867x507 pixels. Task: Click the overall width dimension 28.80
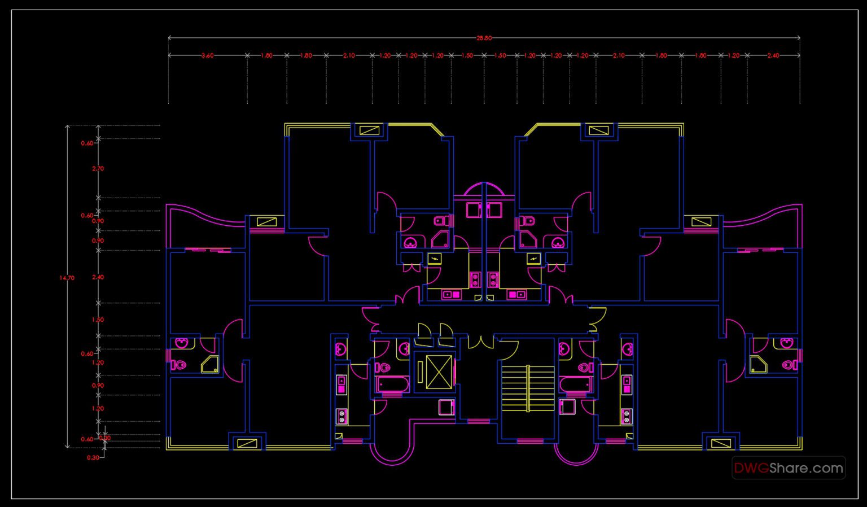click(484, 38)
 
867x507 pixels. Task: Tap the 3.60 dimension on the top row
click(207, 56)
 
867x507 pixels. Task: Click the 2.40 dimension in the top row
click(773, 56)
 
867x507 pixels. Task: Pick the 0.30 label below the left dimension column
click(93, 457)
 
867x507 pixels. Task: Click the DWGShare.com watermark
click(788, 468)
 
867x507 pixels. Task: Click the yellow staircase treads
click(528, 388)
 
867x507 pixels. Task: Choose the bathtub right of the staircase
click(575, 385)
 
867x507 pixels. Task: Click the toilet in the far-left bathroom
click(179, 365)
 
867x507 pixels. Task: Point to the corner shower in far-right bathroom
click(759, 365)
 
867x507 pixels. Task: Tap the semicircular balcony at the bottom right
click(575, 454)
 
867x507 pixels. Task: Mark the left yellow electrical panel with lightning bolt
click(435, 259)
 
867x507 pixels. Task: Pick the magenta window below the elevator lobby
click(478, 421)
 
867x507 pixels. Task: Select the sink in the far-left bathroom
click(182, 343)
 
